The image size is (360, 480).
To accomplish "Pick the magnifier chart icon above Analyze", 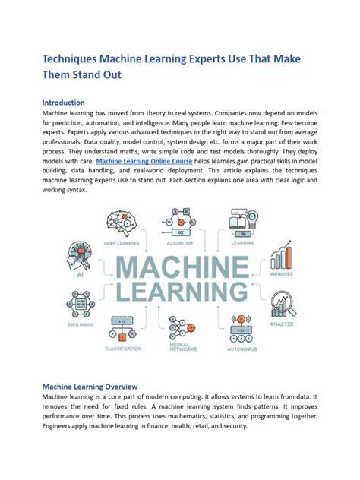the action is (284, 304).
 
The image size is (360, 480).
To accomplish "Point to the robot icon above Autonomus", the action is (242, 328).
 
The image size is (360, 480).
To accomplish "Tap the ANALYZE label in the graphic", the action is (284, 324).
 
